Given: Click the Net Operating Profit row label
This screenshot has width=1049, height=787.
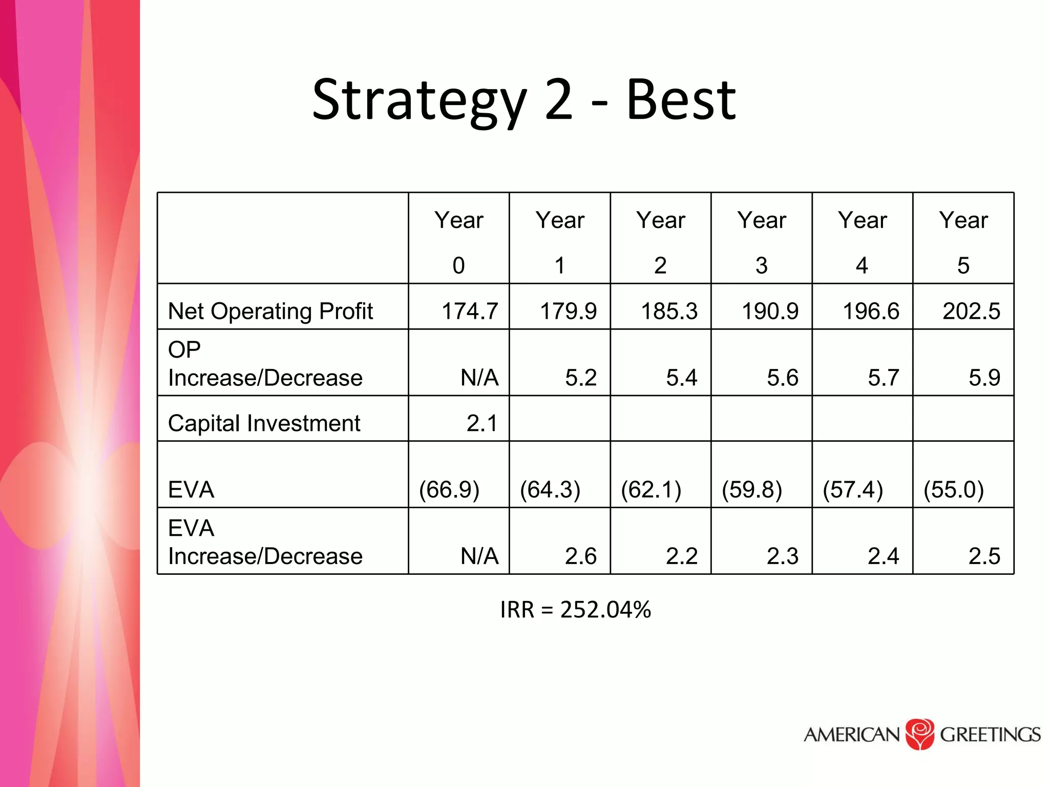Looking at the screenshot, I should coord(270,311).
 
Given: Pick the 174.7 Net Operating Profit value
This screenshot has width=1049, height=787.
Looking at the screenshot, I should coord(470,311).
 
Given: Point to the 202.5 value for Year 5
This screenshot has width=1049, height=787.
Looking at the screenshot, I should coord(971,311).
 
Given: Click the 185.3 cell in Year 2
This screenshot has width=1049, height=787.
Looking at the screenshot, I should coord(669,311).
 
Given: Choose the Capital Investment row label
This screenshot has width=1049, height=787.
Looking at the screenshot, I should coord(264,423).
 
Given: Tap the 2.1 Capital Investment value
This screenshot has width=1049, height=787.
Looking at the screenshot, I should coord(481,423).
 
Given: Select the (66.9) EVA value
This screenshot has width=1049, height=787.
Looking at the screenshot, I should coord(449,489).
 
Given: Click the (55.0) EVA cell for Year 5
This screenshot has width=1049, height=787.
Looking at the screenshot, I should coord(954,489).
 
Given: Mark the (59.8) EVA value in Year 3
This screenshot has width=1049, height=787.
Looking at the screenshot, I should coord(752,489).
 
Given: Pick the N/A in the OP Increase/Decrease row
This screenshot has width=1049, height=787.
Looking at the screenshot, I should coord(479,378).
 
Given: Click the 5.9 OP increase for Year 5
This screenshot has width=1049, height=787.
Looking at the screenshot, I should coord(984,378).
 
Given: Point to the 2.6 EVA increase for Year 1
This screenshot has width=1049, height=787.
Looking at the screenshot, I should coord(581,556).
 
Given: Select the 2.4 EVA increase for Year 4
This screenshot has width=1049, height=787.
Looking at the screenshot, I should coord(883,556).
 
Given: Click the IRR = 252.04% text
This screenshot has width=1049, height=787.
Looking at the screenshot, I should coord(575,610).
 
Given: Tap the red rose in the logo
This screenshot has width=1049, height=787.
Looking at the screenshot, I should coord(920,734).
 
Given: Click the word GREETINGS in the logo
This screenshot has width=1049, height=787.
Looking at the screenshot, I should coord(990,735).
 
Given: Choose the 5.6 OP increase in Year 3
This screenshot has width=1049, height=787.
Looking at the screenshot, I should coord(782,378).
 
